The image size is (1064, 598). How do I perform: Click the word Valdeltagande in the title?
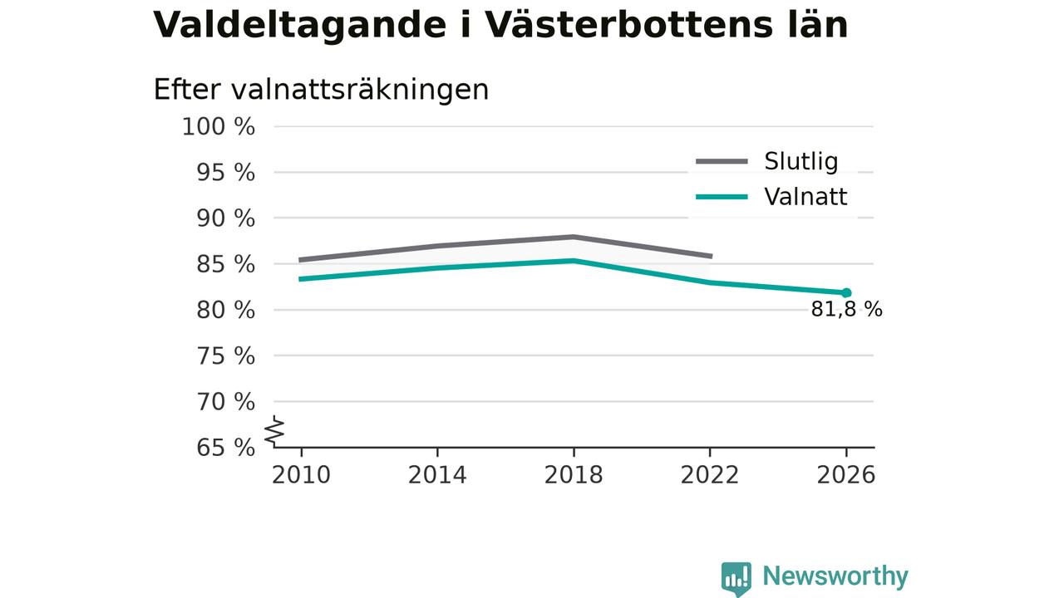300,26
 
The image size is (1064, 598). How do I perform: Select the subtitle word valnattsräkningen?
360,91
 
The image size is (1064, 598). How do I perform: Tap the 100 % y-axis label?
219,127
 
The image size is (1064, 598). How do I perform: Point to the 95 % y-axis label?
225,172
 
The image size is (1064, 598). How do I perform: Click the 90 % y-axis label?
225,218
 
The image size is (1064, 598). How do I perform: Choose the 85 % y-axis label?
225,264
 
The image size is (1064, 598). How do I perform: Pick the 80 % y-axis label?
225,310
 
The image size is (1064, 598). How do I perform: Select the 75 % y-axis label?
225,355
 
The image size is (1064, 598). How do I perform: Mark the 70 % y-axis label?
225,401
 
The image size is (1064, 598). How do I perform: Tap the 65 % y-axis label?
225,447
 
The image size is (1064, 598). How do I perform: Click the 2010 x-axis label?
301,475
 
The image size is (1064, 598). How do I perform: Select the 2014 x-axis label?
437,475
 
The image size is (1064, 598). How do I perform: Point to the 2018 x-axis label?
574,475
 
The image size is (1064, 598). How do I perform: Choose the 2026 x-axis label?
846,475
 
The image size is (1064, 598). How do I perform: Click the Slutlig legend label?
801,162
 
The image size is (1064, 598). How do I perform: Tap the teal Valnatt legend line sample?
722,197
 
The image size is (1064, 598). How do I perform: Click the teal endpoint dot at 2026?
846,293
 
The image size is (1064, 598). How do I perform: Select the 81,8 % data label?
846,310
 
